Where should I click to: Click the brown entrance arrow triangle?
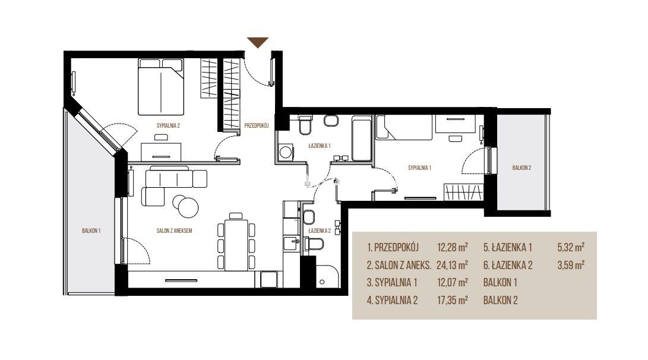pyautogui.click(x=258, y=42)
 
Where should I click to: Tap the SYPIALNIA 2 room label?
pyautogui.click(x=168, y=126)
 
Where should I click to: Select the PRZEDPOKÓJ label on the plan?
pyautogui.click(x=256, y=125)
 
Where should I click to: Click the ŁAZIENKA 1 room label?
pyautogui.click(x=320, y=146)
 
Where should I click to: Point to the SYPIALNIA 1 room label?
pyautogui.click(x=419, y=168)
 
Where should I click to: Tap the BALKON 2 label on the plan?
pyautogui.click(x=521, y=168)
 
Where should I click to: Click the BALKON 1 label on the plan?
pyautogui.click(x=91, y=230)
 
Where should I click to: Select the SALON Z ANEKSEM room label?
pyautogui.click(x=174, y=230)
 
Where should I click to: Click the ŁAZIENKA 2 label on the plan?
pyautogui.click(x=320, y=231)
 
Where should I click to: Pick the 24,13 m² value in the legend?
pyautogui.click(x=452, y=265)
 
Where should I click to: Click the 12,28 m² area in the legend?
pyautogui.click(x=452, y=248)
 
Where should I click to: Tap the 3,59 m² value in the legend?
pyautogui.click(x=571, y=265)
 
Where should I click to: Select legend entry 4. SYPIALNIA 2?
pyautogui.click(x=392, y=301)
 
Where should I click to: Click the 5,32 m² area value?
pyautogui.click(x=571, y=248)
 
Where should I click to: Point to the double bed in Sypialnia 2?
pyautogui.click(x=161, y=87)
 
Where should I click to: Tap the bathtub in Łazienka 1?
pyautogui.click(x=362, y=138)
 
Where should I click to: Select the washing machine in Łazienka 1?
pyautogui.click(x=285, y=151)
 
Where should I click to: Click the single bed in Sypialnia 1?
pyautogui.click(x=404, y=127)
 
